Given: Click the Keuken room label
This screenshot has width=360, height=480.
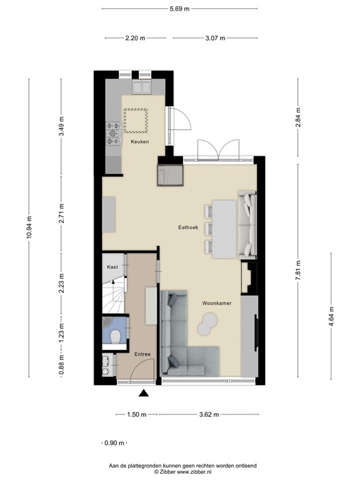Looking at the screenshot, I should coord(139,142).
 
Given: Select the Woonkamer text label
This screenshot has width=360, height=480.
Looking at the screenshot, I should coord(217,302).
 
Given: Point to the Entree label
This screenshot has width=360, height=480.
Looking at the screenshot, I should coord(142,354).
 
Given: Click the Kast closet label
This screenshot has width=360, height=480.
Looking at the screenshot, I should coord(112,267).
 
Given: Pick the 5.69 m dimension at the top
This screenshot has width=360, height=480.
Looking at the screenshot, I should coord(180,9).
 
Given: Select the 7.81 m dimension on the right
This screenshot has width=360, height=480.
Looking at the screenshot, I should coord(297,271).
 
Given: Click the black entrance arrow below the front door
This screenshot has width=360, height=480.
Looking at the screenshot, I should coord(143,393).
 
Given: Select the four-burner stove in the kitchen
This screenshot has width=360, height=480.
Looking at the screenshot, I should coord(114,131).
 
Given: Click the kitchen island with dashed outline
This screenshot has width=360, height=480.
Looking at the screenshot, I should coord(136,120).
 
